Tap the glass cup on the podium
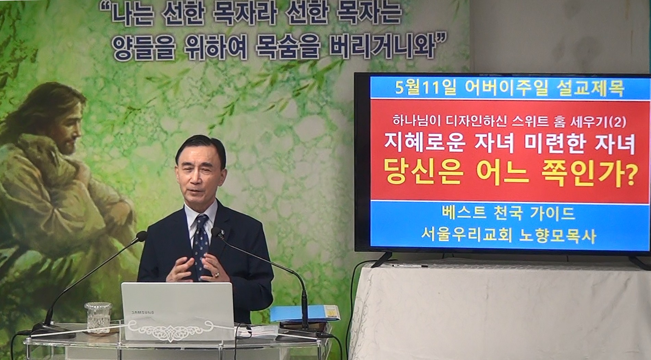coord(98,317)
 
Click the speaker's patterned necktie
coord(201,244)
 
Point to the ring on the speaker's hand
coord(216,275)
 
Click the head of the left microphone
coord(141,236)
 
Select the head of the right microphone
coord(216,233)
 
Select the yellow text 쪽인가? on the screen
coord(592,175)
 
